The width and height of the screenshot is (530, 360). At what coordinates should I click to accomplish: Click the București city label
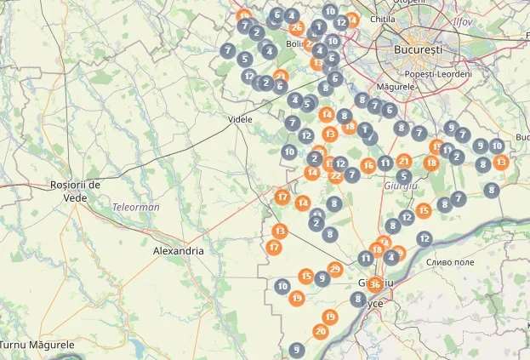[x=419, y=50]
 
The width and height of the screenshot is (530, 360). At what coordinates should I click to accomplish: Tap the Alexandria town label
[x=178, y=251]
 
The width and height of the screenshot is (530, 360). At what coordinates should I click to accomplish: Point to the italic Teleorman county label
[x=136, y=207]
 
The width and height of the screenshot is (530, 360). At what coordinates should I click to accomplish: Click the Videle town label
[x=241, y=119]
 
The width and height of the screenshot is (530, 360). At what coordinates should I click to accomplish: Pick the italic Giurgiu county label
[x=401, y=185]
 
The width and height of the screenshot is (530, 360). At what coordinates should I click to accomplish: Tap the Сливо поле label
[x=451, y=262]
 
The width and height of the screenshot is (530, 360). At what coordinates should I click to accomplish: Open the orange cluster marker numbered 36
[x=374, y=284]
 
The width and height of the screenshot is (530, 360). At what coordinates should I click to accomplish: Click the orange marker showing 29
[x=334, y=270]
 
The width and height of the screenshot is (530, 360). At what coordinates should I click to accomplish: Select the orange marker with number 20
[x=320, y=331]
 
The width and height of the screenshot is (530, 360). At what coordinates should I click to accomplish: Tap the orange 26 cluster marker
[x=296, y=27]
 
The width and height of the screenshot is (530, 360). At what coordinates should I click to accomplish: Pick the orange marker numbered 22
[x=336, y=176]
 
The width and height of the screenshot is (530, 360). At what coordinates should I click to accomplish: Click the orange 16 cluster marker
[x=368, y=165]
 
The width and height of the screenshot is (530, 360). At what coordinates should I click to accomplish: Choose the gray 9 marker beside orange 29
[x=321, y=277]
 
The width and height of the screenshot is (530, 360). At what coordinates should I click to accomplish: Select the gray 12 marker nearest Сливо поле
[x=425, y=238]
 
